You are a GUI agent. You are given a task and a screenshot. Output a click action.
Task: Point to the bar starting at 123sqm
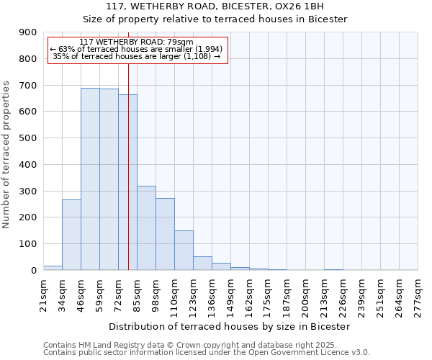(x=202, y=263)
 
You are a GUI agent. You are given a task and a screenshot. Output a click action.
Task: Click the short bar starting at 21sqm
(x=53, y=268)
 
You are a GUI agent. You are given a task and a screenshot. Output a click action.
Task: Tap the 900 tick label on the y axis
(x=28, y=32)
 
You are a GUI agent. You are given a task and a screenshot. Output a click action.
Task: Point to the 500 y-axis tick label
(x=28, y=138)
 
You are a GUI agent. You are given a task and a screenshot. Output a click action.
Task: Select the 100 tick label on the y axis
(x=28, y=244)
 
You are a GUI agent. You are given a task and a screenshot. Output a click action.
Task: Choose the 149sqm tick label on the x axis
(x=230, y=295)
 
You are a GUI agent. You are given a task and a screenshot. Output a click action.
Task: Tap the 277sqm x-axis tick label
(x=418, y=295)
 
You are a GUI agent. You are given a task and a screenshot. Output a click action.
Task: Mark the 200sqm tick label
(x=305, y=295)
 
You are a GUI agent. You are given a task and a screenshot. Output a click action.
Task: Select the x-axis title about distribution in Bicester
(x=230, y=326)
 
